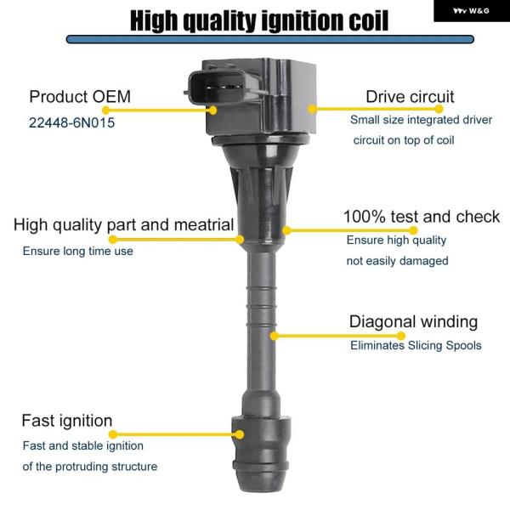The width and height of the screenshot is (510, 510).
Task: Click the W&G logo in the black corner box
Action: [x=471, y=11]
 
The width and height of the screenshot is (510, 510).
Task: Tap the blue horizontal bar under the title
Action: [x=270, y=39]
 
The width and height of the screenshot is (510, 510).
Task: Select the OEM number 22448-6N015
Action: [x=72, y=122]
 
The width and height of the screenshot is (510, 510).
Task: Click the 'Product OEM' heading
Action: [x=80, y=97]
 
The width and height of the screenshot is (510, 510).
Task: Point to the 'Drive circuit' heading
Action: [x=410, y=97]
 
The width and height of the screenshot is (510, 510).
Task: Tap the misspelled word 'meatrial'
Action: [x=204, y=224]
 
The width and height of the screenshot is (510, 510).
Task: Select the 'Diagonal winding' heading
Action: [x=413, y=321]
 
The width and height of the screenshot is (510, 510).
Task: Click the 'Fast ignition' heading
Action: [x=67, y=421]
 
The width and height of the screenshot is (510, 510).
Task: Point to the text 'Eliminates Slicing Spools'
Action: [x=416, y=345]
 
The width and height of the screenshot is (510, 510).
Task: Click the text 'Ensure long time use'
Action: [x=77, y=251]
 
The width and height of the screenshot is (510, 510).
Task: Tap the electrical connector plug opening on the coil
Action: [x=224, y=88]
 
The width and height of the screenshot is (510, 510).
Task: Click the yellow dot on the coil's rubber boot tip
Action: [x=240, y=434]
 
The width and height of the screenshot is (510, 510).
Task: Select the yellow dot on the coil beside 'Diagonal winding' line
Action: [x=275, y=336]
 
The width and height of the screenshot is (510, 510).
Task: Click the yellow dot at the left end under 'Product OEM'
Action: [x=106, y=110]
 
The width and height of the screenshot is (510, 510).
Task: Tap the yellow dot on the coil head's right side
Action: [x=312, y=109]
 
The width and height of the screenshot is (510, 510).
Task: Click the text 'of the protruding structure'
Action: [x=90, y=467]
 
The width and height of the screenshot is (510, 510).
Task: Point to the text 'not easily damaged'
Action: [x=398, y=261]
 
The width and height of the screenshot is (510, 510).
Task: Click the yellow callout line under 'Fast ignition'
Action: [x=176, y=434]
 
